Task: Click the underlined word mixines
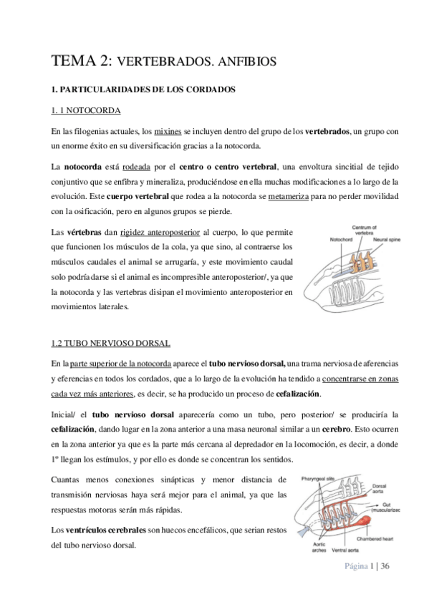(x=168, y=132)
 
